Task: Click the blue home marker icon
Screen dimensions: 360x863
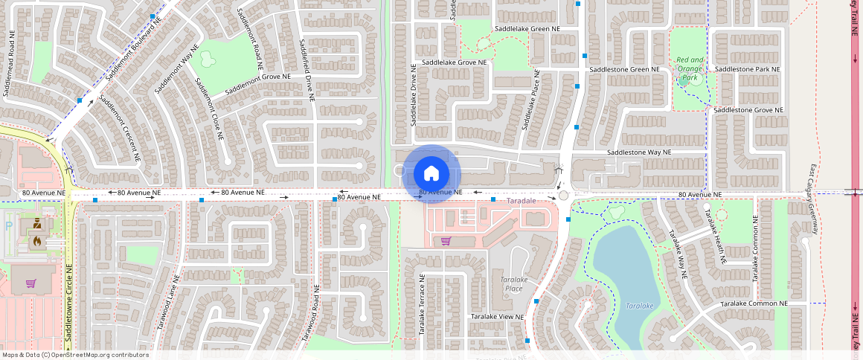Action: pyautogui.click(x=431, y=174)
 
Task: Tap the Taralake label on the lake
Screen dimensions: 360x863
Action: pyautogui.click(x=639, y=306)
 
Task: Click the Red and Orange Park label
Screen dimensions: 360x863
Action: pyautogui.click(x=690, y=68)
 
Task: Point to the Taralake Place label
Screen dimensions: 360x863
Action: pyautogui.click(x=513, y=283)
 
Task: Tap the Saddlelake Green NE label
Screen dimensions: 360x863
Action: pyautogui.click(x=527, y=29)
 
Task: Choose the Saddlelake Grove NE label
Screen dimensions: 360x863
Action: pyautogui.click(x=454, y=62)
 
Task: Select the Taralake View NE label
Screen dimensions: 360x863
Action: pyautogui.click(x=497, y=317)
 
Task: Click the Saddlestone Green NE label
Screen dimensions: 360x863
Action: pyautogui.click(x=624, y=69)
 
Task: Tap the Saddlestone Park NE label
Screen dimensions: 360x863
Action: pyautogui.click(x=747, y=69)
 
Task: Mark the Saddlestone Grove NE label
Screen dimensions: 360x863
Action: pyautogui.click(x=748, y=110)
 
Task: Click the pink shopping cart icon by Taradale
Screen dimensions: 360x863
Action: pyautogui.click(x=445, y=240)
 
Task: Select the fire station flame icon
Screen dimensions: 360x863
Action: pyautogui.click(x=36, y=241)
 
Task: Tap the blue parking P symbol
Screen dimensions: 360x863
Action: pyautogui.click(x=8, y=225)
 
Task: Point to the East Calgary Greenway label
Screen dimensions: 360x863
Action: pyautogui.click(x=813, y=199)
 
